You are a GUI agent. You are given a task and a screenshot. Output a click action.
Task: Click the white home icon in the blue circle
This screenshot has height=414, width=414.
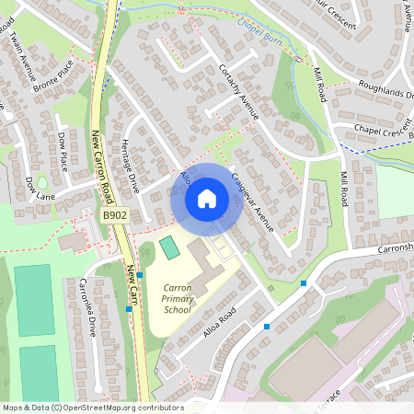207,198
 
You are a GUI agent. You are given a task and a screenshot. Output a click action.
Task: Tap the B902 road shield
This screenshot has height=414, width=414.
114,214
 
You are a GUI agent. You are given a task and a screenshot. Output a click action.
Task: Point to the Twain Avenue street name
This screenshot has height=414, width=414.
21,51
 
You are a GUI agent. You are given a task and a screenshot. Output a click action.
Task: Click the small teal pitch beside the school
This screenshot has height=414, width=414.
169,247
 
